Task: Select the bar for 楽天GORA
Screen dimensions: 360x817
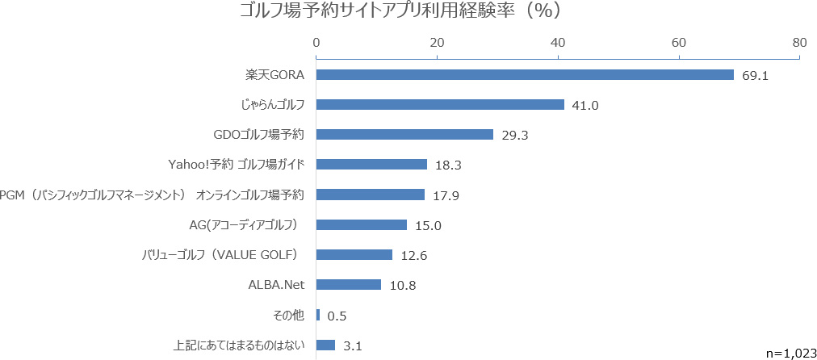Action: [x=525, y=74]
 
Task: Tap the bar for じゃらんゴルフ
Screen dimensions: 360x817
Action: [x=440, y=104]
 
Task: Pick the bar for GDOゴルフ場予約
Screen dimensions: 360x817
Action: [x=404, y=134]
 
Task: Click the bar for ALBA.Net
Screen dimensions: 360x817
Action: [x=349, y=284]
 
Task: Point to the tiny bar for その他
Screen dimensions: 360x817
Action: [x=318, y=315]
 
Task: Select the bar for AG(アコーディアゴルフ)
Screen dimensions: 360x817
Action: [x=362, y=224]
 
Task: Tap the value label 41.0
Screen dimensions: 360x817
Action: [x=585, y=105]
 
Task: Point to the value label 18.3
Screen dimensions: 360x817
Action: [x=448, y=165]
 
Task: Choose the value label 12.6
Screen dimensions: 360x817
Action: [x=414, y=255]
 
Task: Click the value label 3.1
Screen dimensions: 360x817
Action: [x=351, y=345]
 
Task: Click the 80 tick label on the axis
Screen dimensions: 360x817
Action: [x=799, y=42]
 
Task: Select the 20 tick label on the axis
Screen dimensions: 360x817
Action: [x=437, y=42]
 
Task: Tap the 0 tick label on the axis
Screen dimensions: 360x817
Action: [x=316, y=42]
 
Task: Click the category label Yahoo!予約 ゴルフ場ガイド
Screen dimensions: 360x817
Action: [x=237, y=164]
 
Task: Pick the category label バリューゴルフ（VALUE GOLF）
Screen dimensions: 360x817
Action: [x=220, y=254]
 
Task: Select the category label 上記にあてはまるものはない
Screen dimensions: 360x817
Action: [x=239, y=345]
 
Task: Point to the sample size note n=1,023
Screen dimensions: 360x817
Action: [x=787, y=352]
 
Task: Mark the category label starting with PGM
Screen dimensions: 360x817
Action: [x=153, y=195]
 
